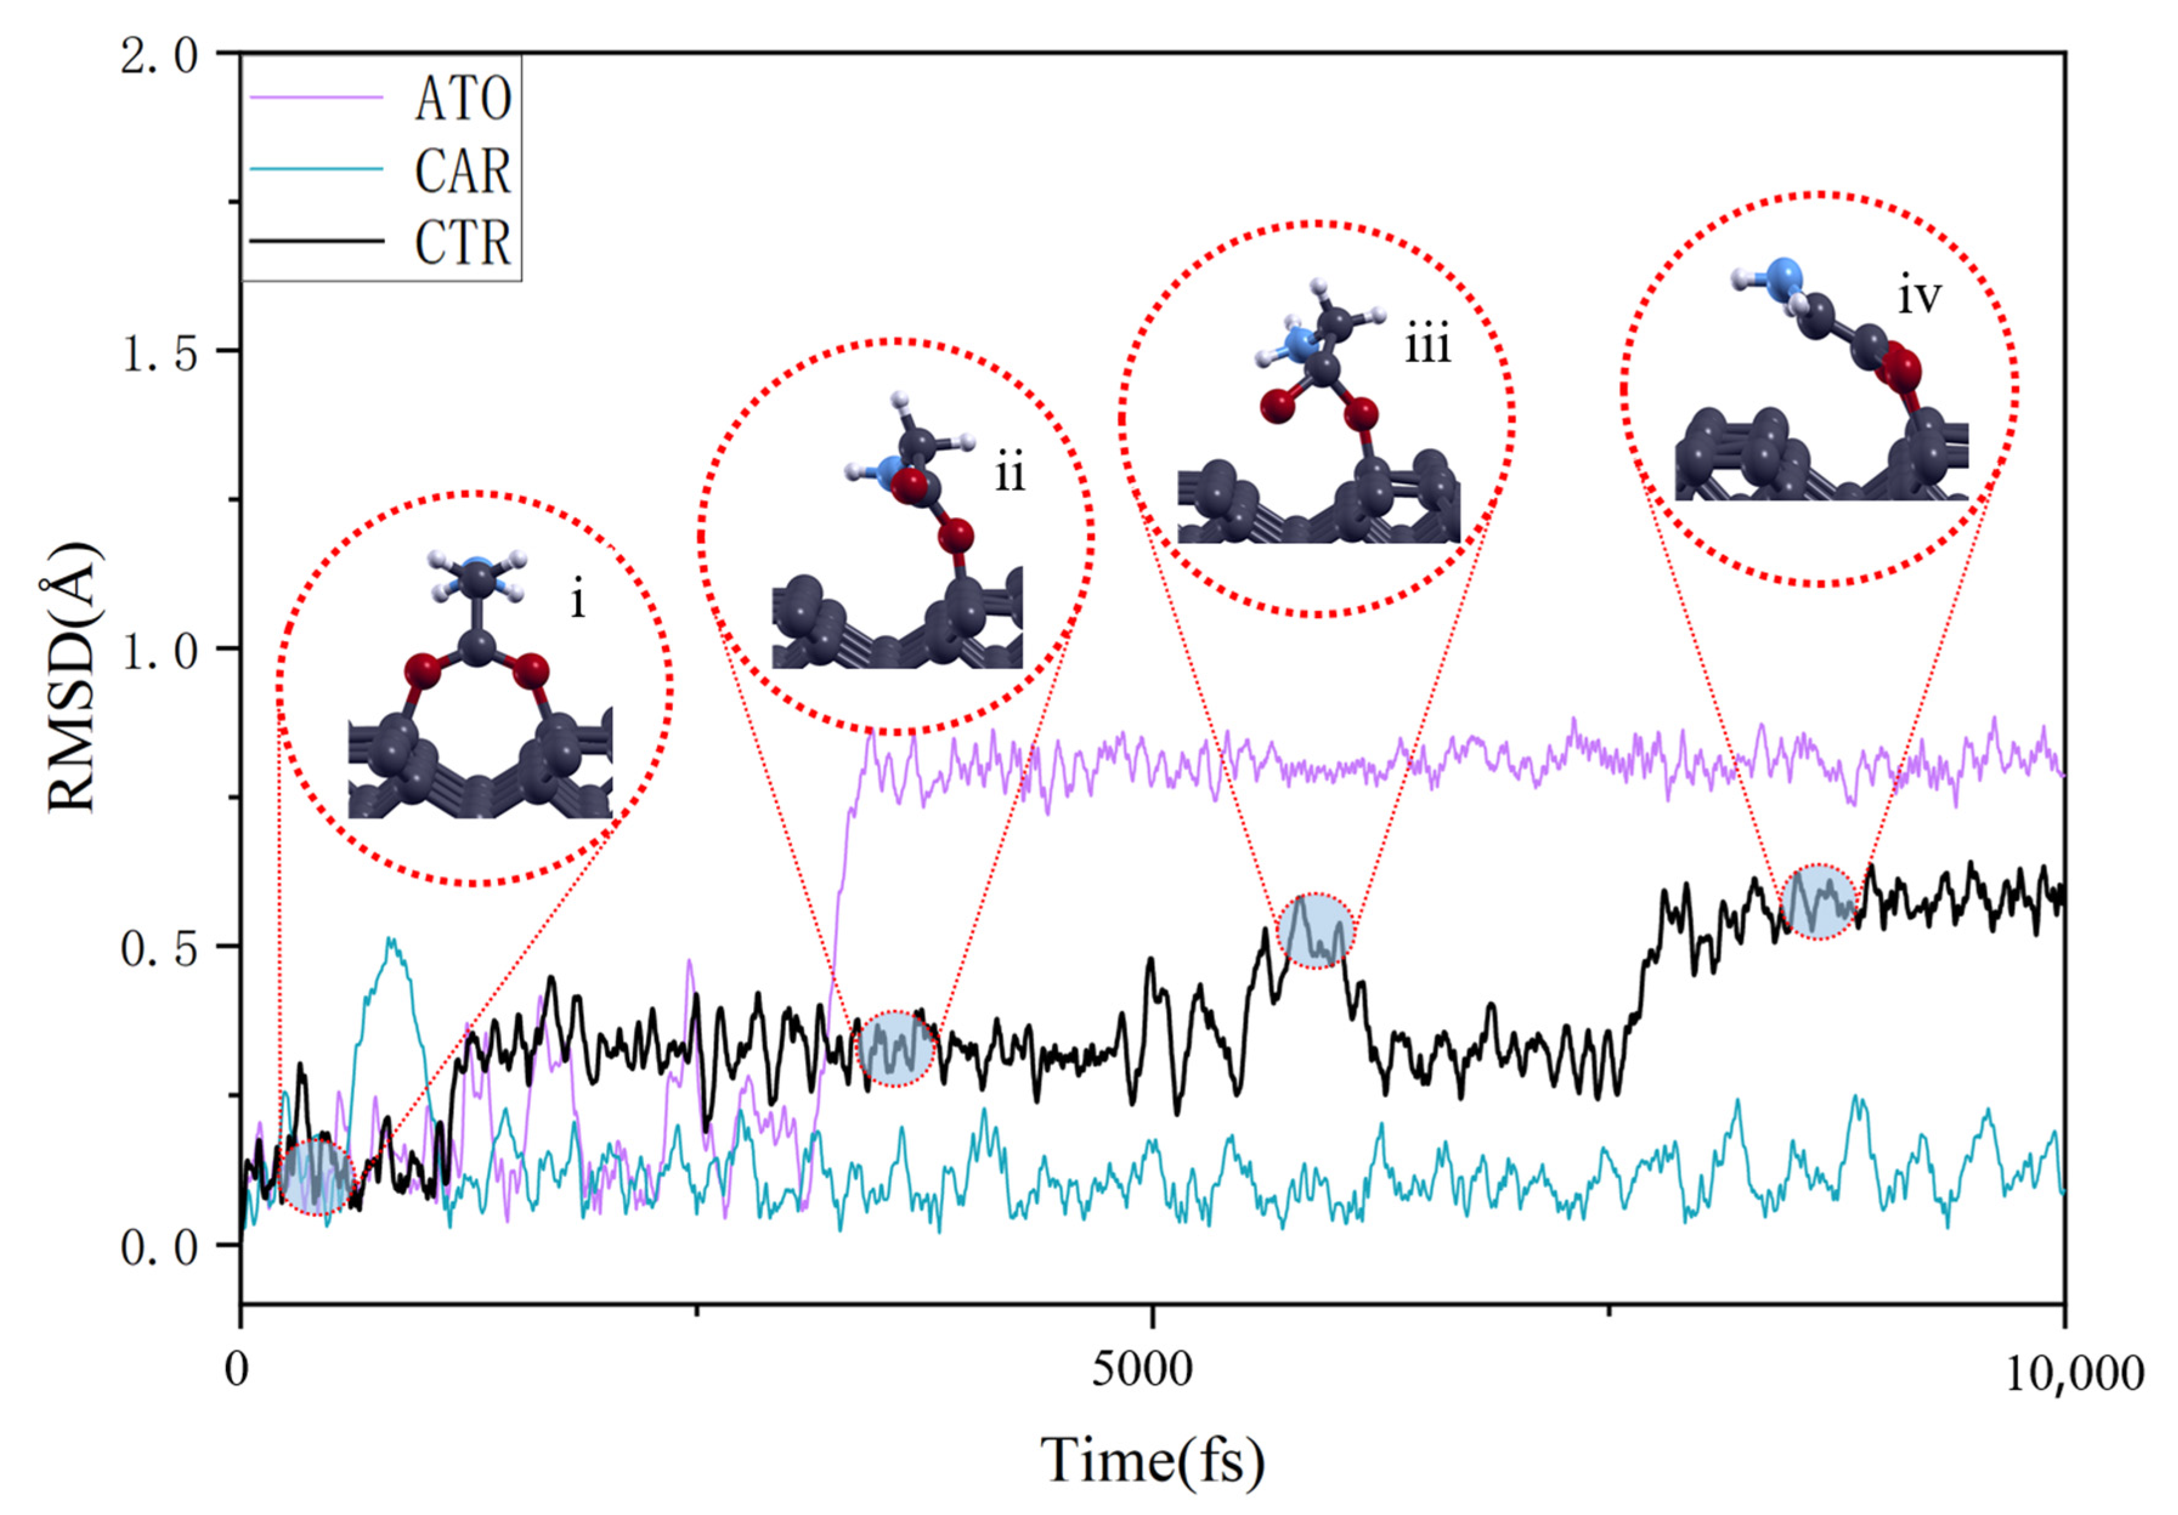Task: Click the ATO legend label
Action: [x=462, y=98]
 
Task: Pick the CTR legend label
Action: [x=462, y=243]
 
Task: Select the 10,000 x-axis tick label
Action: [x=2074, y=1373]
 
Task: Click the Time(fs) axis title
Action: [x=1153, y=1459]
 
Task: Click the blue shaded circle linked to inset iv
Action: [x=1817, y=901]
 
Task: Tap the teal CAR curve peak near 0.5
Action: [x=390, y=941]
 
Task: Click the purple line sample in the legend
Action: [x=316, y=98]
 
